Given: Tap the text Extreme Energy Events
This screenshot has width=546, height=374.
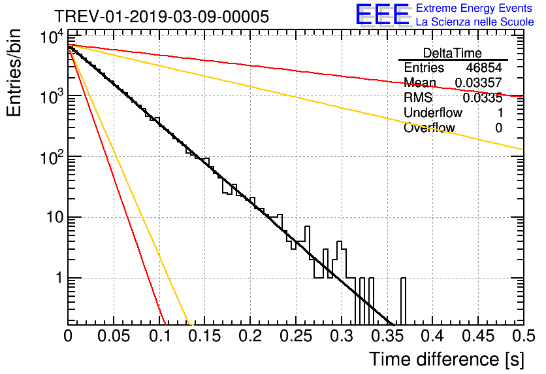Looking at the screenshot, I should (x=475, y=8).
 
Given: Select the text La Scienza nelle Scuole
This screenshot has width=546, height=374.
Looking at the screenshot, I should (x=475, y=22).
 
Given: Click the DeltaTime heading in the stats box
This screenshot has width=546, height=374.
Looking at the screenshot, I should (x=453, y=53).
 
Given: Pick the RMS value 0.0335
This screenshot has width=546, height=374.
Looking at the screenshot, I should (x=482, y=98).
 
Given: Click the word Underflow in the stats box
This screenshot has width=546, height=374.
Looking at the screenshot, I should (x=432, y=113).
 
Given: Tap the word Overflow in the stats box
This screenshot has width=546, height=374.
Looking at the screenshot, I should (x=429, y=128).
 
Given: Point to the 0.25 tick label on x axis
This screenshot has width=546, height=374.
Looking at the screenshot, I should (x=295, y=336).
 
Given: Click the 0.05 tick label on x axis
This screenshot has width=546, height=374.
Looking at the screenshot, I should (x=114, y=336).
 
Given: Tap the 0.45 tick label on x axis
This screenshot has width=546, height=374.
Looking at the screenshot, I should (x=477, y=336).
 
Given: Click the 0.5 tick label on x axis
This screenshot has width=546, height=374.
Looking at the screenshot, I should (x=522, y=336).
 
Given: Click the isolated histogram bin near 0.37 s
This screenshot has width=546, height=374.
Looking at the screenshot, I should (x=403, y=301).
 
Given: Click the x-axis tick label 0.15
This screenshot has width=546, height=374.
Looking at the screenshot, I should (x=204, y=336).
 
